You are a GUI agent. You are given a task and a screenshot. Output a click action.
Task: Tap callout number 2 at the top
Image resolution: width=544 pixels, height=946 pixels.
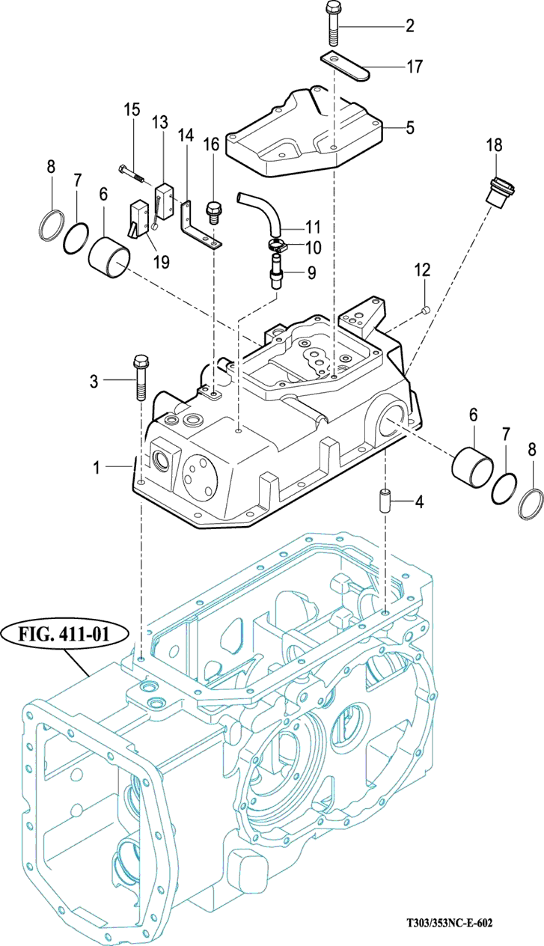tap(409, 27)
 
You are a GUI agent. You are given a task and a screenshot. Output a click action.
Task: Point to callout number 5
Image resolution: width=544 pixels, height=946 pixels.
tap(409, 127)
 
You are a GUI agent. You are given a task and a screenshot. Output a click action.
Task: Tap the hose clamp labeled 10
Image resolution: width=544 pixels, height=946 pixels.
tap(277, 245)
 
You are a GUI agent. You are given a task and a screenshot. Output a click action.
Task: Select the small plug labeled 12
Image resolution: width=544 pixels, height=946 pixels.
tap(424, 309)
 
